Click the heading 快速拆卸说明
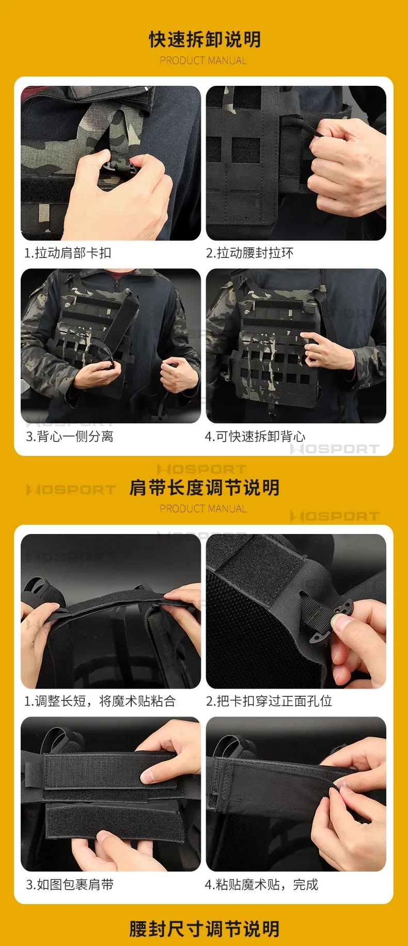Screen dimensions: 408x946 click(x=205, y=39)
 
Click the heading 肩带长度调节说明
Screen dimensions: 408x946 click(x=205, y=487)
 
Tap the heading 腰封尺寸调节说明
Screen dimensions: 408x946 click(x=205, y=929)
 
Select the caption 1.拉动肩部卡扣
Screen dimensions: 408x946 click(x=68, y=253)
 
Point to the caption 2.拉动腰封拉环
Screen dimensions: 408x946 click(x=250, y=253)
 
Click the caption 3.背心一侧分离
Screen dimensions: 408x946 click(x=69, y=436)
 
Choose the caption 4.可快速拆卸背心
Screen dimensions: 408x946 click(x=255, y=436)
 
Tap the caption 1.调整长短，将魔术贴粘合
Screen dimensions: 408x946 click(x=100, y=701)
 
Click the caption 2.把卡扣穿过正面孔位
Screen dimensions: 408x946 click(x=269, y=701)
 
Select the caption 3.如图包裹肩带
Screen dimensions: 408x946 click(x=69, y=884)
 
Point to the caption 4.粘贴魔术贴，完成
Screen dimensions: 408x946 click(x=261, y=884)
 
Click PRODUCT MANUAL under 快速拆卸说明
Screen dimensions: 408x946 click(x=203, y=60)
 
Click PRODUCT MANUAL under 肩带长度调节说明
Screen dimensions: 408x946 click(x=203, y=509)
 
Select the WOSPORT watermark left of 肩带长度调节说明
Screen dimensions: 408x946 click(x=71, y=490)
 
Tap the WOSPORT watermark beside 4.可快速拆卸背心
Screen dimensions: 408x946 click(x=335, y=449)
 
